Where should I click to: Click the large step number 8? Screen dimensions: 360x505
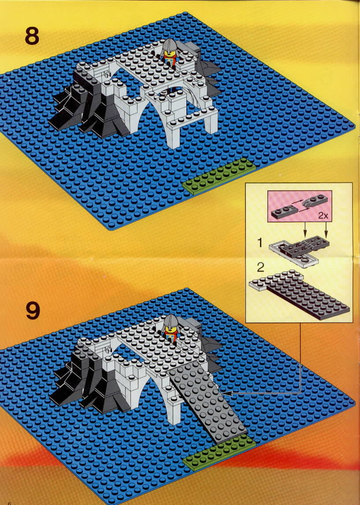32,36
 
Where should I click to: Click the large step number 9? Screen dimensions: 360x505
33,311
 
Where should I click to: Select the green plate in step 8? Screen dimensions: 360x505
219,176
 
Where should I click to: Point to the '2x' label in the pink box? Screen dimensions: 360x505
323,216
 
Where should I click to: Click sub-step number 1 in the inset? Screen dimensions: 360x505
260,243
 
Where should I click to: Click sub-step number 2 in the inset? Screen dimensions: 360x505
260,267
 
